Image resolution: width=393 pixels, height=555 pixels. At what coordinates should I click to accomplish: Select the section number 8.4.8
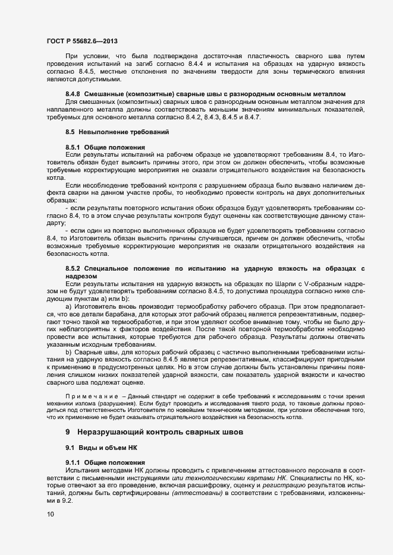73,94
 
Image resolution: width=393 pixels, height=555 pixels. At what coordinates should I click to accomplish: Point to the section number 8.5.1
73,146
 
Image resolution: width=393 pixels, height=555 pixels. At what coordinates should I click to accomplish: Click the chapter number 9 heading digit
68,432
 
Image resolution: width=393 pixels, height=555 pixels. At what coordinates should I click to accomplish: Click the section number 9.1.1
73,462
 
